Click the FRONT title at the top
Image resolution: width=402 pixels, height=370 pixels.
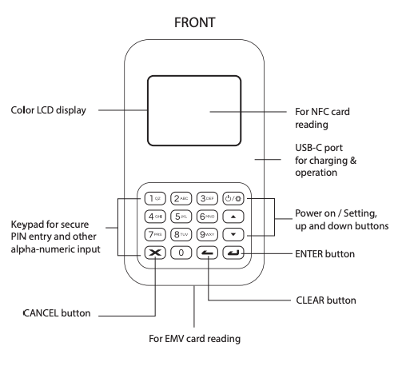(194, 22)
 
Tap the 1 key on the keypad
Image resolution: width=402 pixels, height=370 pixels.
(155, 198)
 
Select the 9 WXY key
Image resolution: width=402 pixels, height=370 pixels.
(207, 234)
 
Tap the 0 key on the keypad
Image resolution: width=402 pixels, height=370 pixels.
(181, 253)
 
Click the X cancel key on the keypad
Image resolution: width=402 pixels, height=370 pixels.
(155, 253)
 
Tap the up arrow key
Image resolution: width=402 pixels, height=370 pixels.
(233, 217)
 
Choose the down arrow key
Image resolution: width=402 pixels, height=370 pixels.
(233, 234)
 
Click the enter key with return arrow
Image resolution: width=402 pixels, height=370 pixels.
(233, 253)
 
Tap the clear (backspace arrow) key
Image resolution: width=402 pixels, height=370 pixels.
(207, 253)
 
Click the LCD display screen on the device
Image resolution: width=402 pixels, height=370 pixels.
(194, 111)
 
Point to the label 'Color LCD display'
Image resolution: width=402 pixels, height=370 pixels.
(48, 110)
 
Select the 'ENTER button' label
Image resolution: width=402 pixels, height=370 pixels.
(324, 254)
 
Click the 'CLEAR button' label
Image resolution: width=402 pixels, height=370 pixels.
(326, 300)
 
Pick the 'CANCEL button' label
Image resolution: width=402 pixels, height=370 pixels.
(57, 313)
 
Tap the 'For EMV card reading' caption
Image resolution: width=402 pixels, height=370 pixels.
(194, 339)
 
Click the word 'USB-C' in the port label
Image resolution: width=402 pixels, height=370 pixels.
(305, 148)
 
